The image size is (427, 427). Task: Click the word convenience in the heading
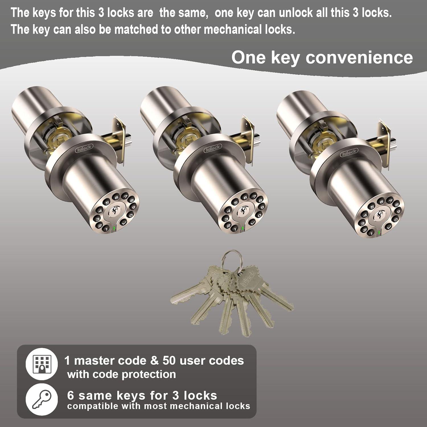coord(359,58)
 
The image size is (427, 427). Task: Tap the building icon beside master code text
coord(42,364)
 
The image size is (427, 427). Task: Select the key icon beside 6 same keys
coord(42,399)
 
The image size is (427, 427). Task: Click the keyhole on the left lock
coord(116,211)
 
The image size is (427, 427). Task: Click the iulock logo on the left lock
coord(84,148)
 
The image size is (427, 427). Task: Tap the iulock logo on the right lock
coord(349,153)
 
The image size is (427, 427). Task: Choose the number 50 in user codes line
coord(169,361)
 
